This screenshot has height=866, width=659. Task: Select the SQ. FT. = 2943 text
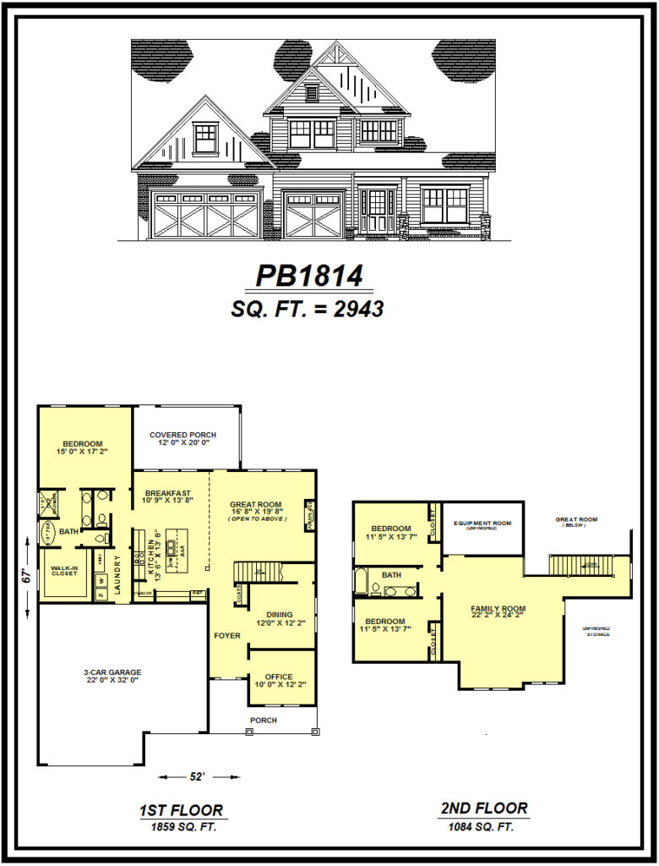[308, 310]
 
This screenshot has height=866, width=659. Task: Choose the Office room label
[279, 677]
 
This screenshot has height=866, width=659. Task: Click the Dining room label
[280, 615]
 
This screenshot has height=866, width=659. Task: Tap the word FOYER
[226, 635]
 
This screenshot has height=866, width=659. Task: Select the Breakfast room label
[168, 493]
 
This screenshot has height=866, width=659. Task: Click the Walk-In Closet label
[65, 570]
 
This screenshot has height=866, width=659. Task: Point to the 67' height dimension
[27, 576]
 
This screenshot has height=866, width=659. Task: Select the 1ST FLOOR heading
[181, 810]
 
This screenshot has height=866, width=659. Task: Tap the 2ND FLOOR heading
[484, 808]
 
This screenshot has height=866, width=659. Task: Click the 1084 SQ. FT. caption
[484, 825]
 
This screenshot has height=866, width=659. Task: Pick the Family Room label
[498, 610]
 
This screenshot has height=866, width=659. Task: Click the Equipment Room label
[482, 524]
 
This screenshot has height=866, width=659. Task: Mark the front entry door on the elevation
[377, 211]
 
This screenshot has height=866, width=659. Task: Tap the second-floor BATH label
[391, 574]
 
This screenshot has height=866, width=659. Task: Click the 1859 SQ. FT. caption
[181, 826]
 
